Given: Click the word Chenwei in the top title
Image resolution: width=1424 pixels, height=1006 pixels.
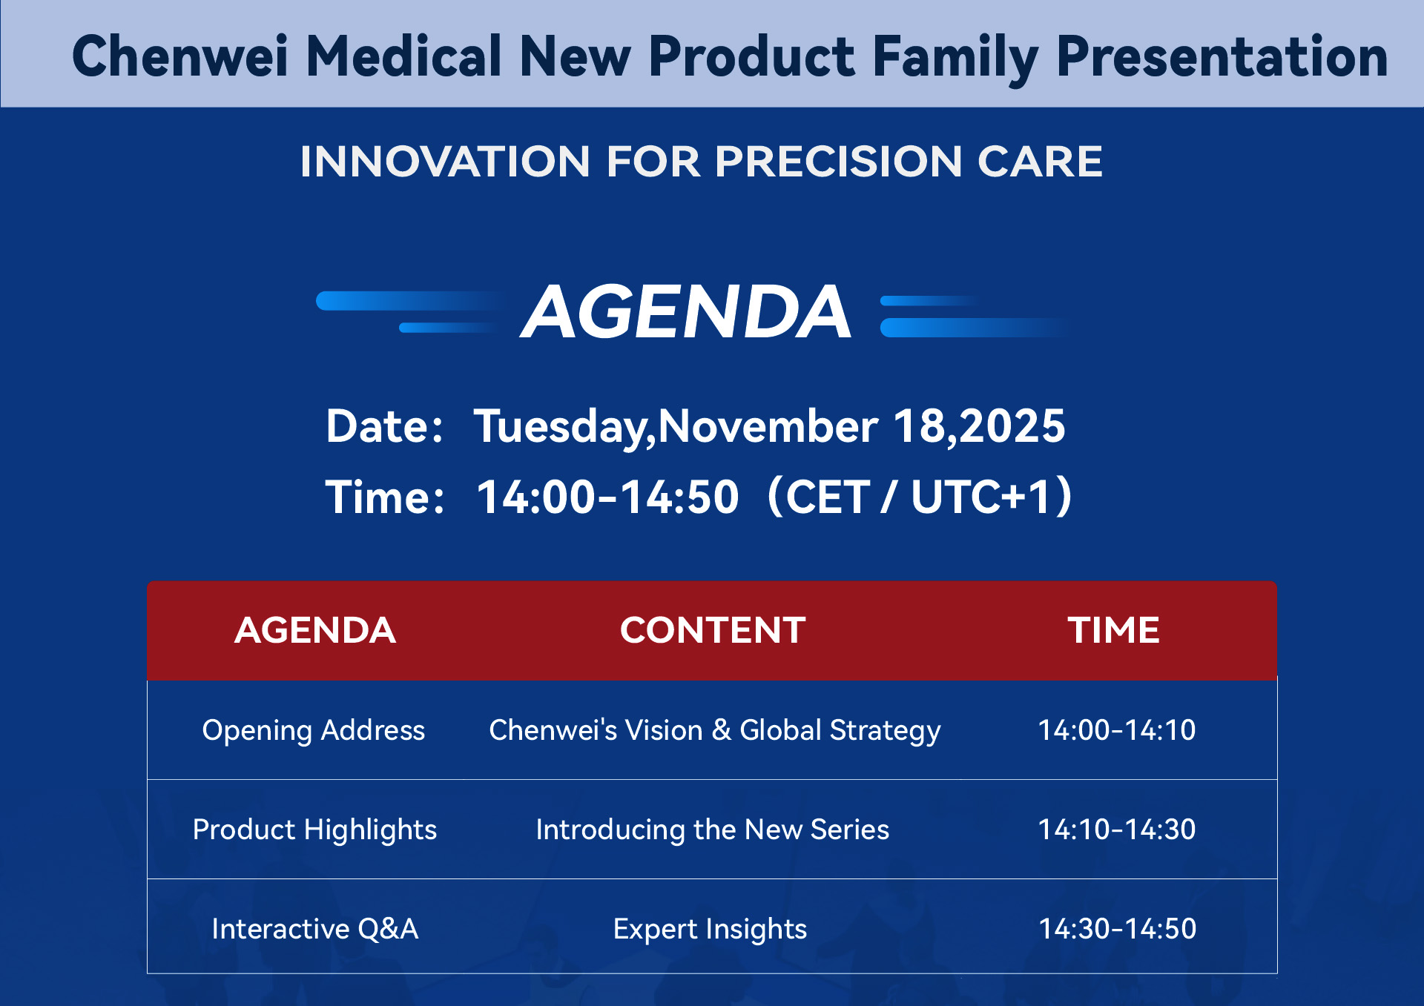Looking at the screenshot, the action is point(180,56).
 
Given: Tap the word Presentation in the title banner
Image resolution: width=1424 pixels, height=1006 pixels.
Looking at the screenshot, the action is point(1222,56).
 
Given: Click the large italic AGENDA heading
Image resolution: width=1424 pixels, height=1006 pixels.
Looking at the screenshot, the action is point(686,312).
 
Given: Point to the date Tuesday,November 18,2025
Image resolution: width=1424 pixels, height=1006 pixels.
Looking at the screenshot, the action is point(769,426).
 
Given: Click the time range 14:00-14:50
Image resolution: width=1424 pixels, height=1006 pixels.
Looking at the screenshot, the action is point(607,496).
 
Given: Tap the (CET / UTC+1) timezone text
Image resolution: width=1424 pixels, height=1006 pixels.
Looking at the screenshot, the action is point(920,496).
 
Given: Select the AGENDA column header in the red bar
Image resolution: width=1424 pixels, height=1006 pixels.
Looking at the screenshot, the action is point(315,630).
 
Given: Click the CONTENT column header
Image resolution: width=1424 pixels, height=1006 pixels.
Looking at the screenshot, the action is point(713,630).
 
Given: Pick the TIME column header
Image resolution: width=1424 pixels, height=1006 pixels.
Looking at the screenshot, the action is point(1114,630).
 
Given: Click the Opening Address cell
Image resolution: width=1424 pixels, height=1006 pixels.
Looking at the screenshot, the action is point(314,730).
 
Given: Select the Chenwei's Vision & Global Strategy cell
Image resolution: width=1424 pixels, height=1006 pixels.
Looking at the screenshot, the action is point(715,730).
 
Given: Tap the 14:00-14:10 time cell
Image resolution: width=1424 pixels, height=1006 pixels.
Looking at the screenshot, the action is point(1117,730).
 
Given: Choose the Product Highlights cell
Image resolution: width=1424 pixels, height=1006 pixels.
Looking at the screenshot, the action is point(314,830).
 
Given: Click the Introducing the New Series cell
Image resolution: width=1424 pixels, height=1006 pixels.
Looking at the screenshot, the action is point(713,830).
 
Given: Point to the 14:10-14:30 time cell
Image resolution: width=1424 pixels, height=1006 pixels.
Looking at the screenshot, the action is point(1117,830).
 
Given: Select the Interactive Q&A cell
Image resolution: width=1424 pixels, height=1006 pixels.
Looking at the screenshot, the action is point(315,928).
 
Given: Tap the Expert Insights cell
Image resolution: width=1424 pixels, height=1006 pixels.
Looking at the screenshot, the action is point(710,929).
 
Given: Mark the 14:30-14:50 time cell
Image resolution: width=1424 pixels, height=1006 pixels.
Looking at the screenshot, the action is point(1118,928).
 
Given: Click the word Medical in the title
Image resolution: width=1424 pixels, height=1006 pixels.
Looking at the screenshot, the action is point(404,56).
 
